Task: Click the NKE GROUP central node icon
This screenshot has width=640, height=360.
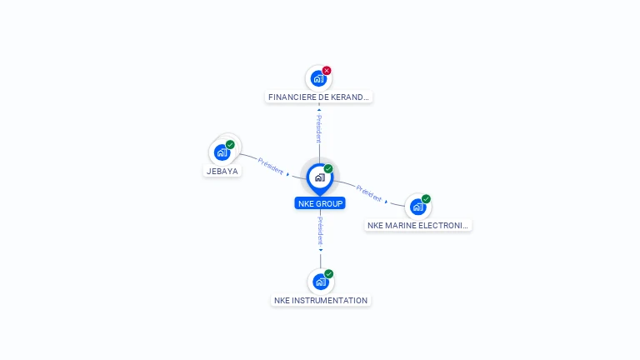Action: (319, 177)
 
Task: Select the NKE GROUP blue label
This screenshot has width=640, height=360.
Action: (320, 203)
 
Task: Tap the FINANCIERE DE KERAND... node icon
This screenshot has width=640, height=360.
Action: (317, 78)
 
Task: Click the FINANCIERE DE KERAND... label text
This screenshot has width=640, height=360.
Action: (318, 97)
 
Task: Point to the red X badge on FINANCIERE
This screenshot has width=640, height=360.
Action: (327, 71)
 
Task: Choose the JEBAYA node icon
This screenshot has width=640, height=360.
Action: (222, 152)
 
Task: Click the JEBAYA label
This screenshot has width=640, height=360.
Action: (222, 172)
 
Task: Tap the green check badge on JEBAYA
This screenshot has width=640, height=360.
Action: (230, 144)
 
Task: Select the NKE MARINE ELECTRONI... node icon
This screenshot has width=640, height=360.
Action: (417, 207)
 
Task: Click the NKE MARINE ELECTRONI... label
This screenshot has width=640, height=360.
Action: (418, 225)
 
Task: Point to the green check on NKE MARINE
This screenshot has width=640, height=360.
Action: (426, 199)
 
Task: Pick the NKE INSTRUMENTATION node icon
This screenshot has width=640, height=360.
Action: (321, 282)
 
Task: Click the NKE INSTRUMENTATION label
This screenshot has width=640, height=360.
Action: (321, 301)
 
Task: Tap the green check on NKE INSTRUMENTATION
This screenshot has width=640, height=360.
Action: (329, 274)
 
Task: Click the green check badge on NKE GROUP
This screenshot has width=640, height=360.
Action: (328, 169)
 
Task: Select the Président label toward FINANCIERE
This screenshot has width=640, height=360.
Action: (318, 129)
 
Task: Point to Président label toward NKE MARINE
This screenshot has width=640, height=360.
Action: (368, 193)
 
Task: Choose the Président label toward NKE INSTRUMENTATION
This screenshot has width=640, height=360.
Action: (321, 230)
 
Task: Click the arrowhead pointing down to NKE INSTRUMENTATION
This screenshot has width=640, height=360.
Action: (321, 249)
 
